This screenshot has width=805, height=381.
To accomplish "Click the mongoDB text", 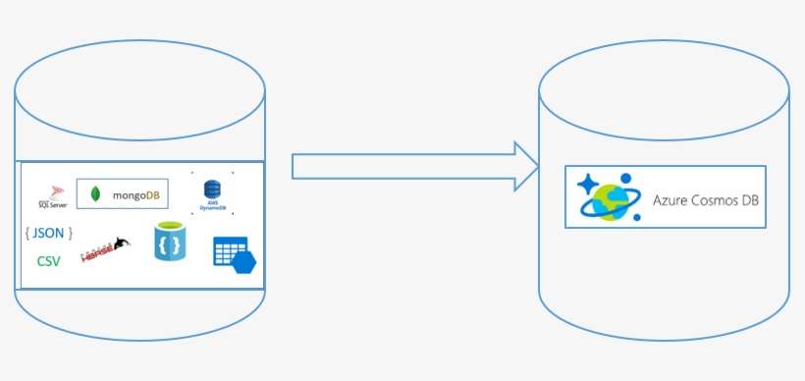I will tap(136, 195).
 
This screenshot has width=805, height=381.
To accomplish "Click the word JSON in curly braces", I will tap(48, 234).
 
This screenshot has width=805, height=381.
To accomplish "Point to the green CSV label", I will tap(48, 261).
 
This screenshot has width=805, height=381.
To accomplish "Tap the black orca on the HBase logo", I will tap(121, 243).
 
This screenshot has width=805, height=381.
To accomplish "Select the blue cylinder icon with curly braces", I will tap(169, 242).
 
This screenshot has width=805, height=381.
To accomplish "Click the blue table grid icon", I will tap(230, 253).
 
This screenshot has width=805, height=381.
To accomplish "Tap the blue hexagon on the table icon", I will tap(243, 262).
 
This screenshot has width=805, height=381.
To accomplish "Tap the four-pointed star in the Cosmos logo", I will tap(588, 184).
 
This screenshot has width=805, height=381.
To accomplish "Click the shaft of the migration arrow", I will tap(402, 165).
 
